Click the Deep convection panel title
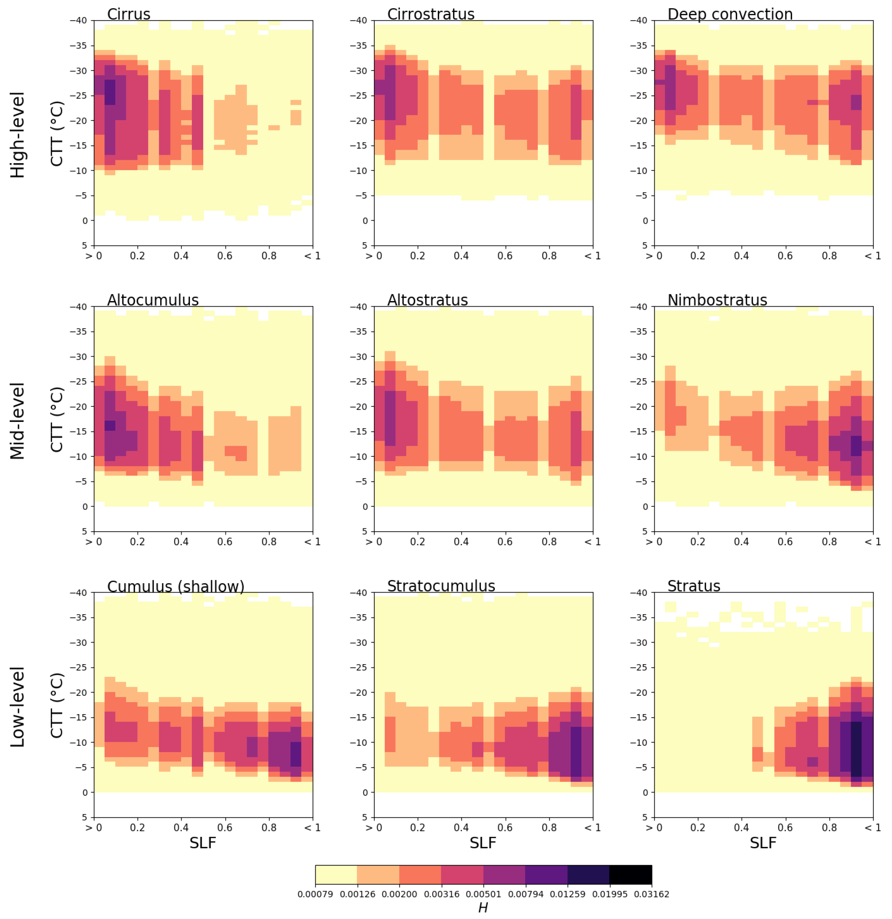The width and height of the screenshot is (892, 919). [x=730, y=14]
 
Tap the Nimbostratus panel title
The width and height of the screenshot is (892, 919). [x=717, y=301]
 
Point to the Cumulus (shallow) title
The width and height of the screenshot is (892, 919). [x=176, y=586]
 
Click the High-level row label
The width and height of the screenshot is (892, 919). [x=17, y=135]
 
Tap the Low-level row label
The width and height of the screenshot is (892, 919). [x=17, y=707]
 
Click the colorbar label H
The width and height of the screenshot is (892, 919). [x=483, y=908]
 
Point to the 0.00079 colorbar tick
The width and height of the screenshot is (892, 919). [x=315, y=894]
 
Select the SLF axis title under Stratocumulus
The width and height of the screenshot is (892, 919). [x=483, y=843]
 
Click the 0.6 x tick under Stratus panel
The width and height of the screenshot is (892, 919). [x=785, y=827]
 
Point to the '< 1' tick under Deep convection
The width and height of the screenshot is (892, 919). [x=872, y=256]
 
